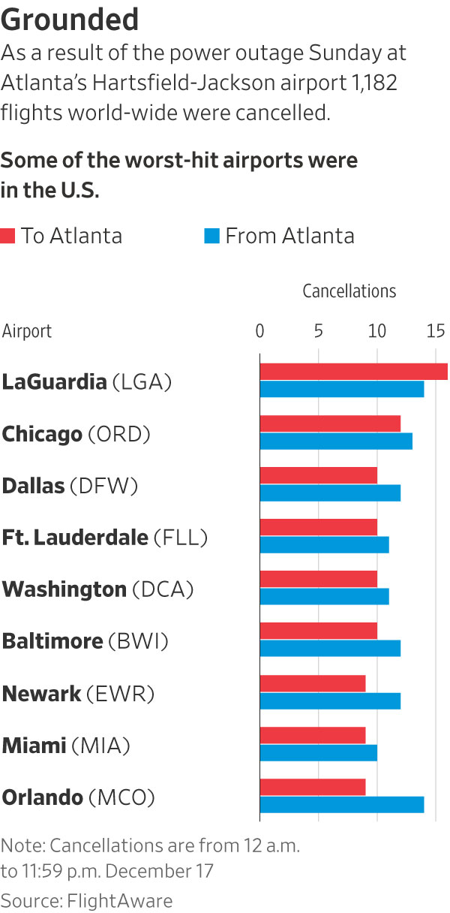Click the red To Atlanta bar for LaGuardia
pos(352,372)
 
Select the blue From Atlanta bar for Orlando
pos(341,804)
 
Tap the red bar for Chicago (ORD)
pos(330,423)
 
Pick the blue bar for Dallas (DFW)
pos(330,493)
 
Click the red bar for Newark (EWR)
pos(313,683)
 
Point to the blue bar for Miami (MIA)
pos(318,752)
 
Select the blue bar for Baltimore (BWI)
pos(330,649)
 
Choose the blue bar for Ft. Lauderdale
pos(324,544)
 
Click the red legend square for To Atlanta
pos(8,237)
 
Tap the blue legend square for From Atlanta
pos(211,237)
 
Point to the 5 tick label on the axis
pos(319,331)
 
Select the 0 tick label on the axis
pos(260,331)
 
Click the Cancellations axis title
pos(349,291)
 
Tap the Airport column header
pos(27,331)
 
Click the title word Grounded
pos(70,20)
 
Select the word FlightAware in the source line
pos(120,900)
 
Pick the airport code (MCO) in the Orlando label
pos(121,797)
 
